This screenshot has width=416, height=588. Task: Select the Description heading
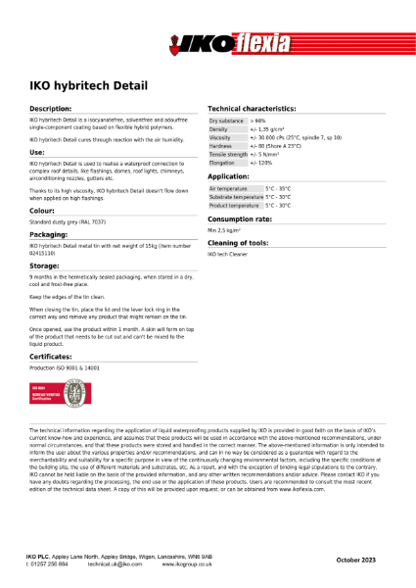coord(50,108)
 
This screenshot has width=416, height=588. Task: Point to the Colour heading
coord(42,211)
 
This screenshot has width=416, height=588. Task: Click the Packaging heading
coord(48,235)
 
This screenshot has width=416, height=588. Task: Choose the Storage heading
coord(44,266)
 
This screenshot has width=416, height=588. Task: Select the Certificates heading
coord(51,357)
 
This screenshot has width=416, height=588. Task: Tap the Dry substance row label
coord(226,120)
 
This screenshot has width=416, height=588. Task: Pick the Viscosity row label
coord(220,137)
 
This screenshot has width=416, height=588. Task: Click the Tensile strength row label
coord(228,154)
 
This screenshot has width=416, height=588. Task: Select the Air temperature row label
coord(228,188)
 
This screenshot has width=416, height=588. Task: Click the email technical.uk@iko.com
coord(115,565)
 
